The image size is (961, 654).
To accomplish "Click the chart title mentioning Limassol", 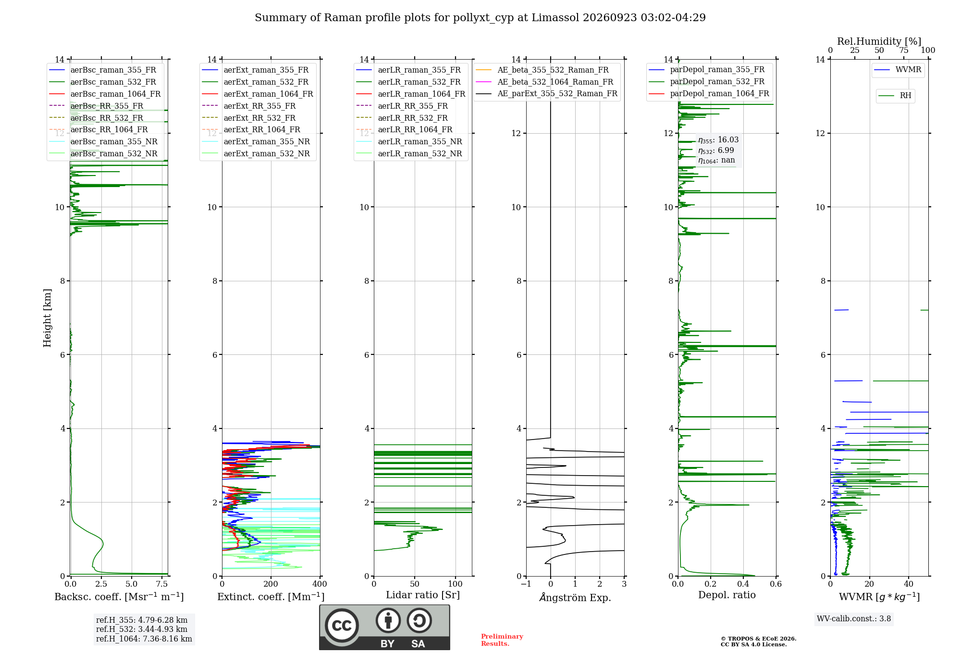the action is pyautogui.click(x=480, y=18).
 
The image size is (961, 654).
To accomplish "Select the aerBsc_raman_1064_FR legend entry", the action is pyautogui.click(x=105, y=94).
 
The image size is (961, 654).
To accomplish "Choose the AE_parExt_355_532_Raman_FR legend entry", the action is pyautogui.click(x=546, y=93).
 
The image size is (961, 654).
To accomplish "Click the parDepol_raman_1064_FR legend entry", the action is pyautogui.click(x=709, y=93).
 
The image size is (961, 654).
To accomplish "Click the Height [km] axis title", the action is pyautogui.click(x=47, y=318).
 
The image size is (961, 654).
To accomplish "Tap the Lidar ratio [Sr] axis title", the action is pyautogui.click(x=423, y=595).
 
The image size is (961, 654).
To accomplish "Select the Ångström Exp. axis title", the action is pyautogui.click(x=575, y=597).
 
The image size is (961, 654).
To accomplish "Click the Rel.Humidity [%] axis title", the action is pyautogui.click(x=879, y=41).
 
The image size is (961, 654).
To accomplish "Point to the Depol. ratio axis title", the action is pyautogui.click(x=727, y=595).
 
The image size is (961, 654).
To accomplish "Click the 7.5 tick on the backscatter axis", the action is pyautogui.click(x=162, y=584).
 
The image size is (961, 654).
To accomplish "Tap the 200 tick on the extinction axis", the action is pyautogui.click(x=271, y=584).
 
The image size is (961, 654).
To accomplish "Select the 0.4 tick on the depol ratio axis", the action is pyautogui.click(x=743, y=584).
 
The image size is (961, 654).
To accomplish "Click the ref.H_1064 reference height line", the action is pyautogui.click(x=144, y=639).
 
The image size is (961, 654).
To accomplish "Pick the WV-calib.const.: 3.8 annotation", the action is pyautogui.click(x=854, y=619).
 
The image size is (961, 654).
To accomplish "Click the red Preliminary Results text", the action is pyautogui.click(x=502, y=640).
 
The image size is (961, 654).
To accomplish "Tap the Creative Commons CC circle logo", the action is pyautogui.click(x=342, y=626).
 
